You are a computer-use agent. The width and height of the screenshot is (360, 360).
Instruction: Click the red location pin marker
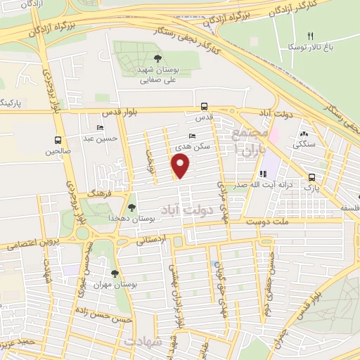coord(181,167)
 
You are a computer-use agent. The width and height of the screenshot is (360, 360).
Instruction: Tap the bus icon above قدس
coord(204,106)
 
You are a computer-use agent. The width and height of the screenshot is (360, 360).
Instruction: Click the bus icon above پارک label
coord(311,177)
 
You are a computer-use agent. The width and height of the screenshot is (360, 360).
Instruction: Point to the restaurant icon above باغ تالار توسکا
coord(310,36)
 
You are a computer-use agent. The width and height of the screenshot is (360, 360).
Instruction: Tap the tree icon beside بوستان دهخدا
coord(131,207)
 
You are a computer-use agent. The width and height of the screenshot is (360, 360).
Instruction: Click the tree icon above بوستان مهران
coord(115,274)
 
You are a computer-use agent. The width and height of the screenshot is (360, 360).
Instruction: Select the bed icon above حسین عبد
coord(100,128)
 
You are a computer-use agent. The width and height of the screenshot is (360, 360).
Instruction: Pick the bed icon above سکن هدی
coord(193,136)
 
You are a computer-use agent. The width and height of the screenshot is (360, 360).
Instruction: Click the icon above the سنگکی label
coord(304,134)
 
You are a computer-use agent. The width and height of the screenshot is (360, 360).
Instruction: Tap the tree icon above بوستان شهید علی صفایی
coord(157,59)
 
